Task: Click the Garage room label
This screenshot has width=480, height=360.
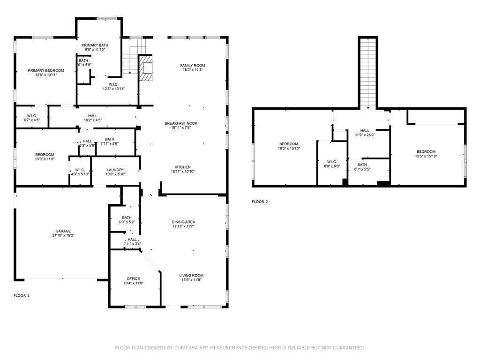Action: pyautogui.click(x=63, y=233)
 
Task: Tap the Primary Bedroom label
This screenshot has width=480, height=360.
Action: pyautogui.click(x=46, y=73)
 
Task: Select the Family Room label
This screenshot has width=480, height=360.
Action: pyautogui.click(x=193, y=67)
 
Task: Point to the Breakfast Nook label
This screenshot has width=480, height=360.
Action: pyautogui.click(x=181, y=126)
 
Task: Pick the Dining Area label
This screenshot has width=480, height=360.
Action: pyautogui.click(x=183, y=224)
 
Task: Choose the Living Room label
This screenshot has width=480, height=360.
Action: pyautogui.click(x=191, y=277)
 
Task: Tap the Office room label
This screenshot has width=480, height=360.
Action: pyautogui.click(x=134, y=281)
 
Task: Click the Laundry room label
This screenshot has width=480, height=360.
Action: pyautogui.click(x=115, y=172)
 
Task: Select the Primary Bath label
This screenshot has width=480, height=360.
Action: pyautogui.click(x=95, y=47)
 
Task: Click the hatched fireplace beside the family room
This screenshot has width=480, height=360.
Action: pyautogui.click(x=146, y=68)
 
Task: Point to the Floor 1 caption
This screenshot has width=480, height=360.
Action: pyautogui.click(x=22, y=295)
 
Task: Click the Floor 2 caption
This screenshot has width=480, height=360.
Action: pyautogui.click(x=260, y=202)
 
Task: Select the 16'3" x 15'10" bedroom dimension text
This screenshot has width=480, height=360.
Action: pyautogui.click(x=289, y=149)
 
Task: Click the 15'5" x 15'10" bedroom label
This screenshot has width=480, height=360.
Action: pyautogui.click(x=426, y=154)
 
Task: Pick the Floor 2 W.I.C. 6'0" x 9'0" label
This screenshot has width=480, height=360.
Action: pyautogui.click(x=332, y=164)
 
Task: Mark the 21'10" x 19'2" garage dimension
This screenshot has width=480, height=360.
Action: pyautogui.click(x=63, y=235)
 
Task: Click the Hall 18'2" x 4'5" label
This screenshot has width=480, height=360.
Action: pyautogui.click(x=93, y=118)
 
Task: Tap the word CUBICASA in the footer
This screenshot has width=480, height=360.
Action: pyautogui.click(x=186, y=348)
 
